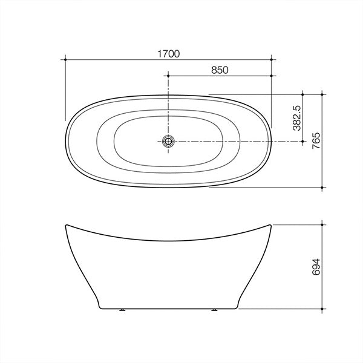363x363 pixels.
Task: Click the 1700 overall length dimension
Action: (x=170, y=54)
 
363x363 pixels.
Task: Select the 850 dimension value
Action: (x=220, y=70)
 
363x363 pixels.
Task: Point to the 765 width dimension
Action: (x=316, y=140)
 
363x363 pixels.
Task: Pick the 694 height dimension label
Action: (x=316, y=266)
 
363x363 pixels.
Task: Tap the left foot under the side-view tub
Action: (x=123, y=310)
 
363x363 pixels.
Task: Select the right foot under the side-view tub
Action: (x=215, y=310)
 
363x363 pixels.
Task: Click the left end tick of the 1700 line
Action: (x=64, y=59)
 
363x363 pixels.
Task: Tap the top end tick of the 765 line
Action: (x=324, y=94)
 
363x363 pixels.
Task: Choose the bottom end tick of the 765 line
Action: (x=324, y=188)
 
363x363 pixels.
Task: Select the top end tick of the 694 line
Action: (x=324, y=224)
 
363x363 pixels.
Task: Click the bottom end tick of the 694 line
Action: (x=324, y=309)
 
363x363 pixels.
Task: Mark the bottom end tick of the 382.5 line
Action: (x=303, y=141)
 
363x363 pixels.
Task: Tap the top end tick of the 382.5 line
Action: (x=303, y=94)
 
